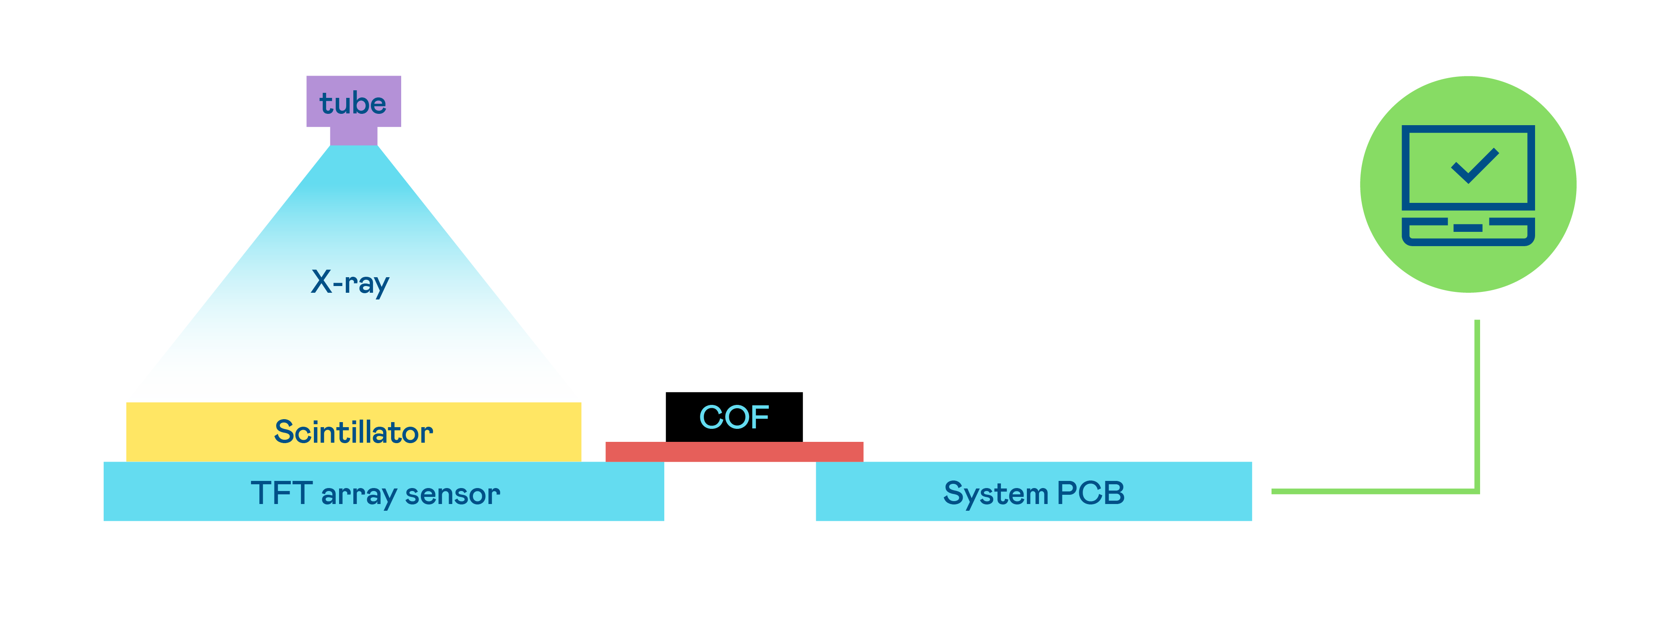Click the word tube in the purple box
(353, 103)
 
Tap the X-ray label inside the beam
(350, 282)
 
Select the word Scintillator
(353, 432)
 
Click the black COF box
(734, 417)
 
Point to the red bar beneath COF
(734, 452)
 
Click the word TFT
(280, 493)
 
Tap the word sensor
(452, 494)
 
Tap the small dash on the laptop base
(1468, 228)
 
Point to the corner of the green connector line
(1477, 491)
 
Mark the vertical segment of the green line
(1477, 404)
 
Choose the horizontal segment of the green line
(1369, 491)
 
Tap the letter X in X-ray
(321, 282)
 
